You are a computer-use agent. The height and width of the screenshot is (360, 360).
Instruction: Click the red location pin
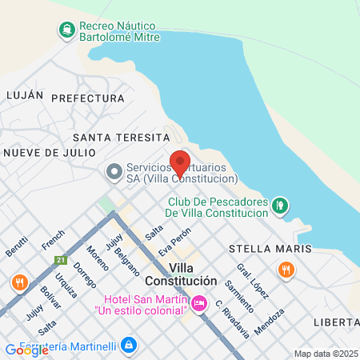pos(180,163)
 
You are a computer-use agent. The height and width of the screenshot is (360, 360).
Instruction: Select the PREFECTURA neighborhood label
pos(88,98)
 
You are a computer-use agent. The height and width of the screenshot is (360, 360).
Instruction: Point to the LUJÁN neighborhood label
pos(24,94)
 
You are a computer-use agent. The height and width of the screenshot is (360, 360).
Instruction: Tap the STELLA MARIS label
pos(270,249)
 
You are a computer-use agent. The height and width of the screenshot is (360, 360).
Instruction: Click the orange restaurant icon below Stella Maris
pos(286,270)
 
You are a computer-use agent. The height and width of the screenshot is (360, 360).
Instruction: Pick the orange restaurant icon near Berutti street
pos(18,282)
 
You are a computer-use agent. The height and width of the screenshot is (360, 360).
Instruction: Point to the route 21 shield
pos(60,261)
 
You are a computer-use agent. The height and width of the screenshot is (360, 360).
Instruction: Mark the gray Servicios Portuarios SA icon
pos(114,172)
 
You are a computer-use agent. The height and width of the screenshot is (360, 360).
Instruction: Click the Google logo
pos(26,350)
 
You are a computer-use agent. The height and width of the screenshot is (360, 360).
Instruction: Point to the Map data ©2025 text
pos(325,354)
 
